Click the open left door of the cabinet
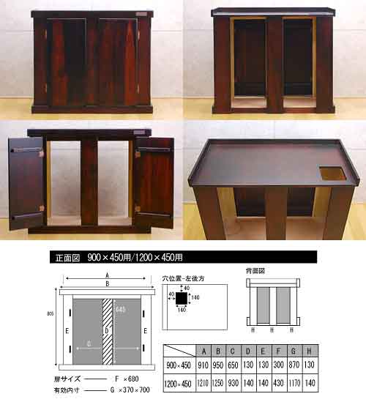[26, 182]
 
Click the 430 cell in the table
[280, 381]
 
